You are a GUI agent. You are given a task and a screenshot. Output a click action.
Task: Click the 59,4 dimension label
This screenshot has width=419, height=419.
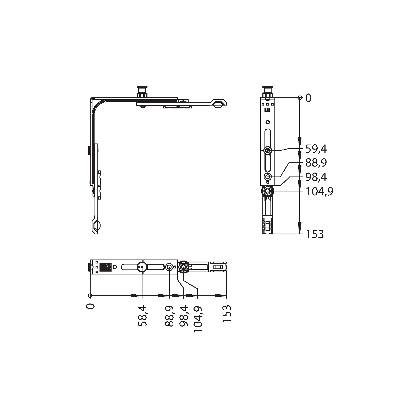pyautogui.click(x=316, y=149)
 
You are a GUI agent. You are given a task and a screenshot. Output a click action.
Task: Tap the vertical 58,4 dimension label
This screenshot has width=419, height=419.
pyautogui.click(x=142, y=316)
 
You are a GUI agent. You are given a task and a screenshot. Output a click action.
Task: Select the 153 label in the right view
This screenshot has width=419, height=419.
pyautogui.click(x=315, y=234)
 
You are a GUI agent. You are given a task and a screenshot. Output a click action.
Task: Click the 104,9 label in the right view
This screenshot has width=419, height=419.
pyautogui.click(x=319, y=192)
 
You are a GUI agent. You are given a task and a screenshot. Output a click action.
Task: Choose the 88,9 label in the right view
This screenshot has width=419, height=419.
pyautogui.click(x=316, y=163)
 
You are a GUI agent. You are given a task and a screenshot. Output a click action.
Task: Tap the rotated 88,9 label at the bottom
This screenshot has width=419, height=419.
pyautogui.click(x=170, y=316)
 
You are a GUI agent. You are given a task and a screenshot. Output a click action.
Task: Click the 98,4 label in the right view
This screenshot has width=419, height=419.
pyautogui.click(x=316, y=177)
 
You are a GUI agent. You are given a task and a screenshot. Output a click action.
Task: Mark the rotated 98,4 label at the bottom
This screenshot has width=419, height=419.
pyautogui.click(x=184, y=316)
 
